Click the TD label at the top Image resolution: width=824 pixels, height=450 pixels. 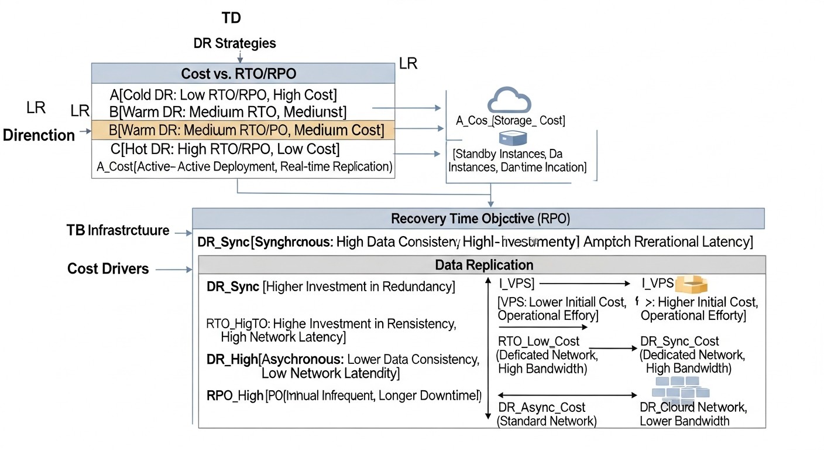[x=231, y=18]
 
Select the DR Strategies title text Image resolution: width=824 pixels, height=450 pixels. [x=235, y=43]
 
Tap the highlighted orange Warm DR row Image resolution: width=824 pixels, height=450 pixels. [x=243, y=129]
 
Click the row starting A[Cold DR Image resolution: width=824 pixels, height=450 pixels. [x=223, y=94]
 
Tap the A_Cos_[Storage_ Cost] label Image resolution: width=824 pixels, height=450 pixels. [x=510, y=121]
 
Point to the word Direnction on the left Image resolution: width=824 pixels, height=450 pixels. [x=39, y=135]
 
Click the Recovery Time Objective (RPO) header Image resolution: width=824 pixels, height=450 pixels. [x=478, y=219]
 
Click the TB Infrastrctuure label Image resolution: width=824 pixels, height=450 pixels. [x=118, y=230]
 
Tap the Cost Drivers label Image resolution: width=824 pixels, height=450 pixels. [x=108, y=269]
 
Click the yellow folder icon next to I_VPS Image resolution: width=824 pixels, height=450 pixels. [x=691, y=284]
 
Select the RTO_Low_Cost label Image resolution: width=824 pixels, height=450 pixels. [x=538, y=341]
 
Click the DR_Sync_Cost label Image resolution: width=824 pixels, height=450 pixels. [x=679, y=341]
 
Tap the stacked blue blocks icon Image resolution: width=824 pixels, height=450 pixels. [x=678, y=387]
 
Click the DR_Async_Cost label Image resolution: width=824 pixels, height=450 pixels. [x=541, y=407]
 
